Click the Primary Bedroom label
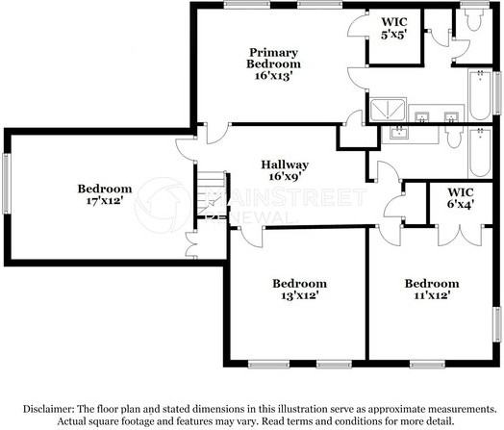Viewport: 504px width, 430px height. click(273, 63)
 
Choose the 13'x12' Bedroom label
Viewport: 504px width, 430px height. click(299, 290)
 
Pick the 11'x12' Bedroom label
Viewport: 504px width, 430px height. click(431, 290)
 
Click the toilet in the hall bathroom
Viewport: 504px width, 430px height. click(452, 138)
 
